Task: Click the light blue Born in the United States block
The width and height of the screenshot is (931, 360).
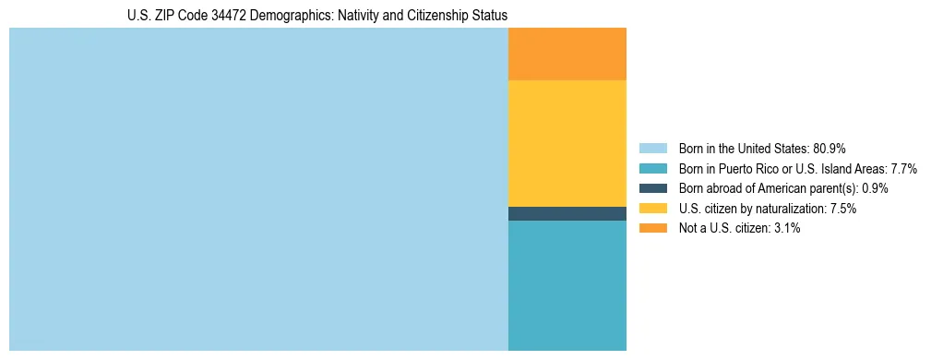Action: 258,189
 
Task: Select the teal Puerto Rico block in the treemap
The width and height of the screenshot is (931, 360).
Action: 567,285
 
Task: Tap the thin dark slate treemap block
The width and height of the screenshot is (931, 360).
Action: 567,213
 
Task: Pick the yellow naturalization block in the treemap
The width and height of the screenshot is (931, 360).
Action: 567,143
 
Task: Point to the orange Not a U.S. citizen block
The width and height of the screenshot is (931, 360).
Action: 567,54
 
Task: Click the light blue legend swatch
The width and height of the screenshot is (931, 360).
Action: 652,148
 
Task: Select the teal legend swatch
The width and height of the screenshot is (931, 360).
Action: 652,168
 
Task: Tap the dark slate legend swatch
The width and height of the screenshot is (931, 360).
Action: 652,188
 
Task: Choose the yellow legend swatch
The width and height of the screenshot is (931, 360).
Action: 652,209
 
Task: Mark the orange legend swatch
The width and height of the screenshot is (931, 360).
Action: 652,228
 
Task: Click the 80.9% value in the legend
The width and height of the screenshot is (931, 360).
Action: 830,148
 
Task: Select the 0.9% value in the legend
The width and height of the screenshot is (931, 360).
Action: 876,188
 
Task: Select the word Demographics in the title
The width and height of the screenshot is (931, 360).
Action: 304,16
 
